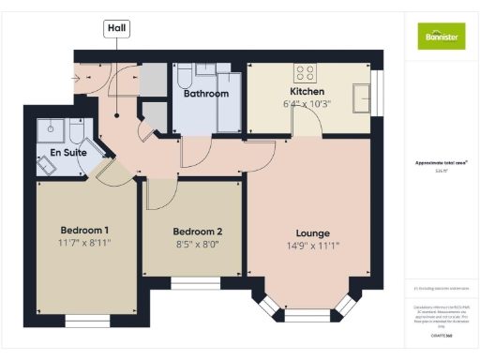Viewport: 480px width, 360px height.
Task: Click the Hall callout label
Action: coord(116,29)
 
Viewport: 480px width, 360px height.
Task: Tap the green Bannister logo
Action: coord(440,35)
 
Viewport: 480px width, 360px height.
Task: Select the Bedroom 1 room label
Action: coord(85,231)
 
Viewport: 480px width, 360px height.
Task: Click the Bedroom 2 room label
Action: coord(197,232)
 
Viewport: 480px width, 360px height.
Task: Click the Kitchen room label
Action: coord(307,92)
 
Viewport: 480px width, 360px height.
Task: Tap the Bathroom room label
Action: coord(206,94)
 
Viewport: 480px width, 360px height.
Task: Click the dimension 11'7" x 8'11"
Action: coord(85,244)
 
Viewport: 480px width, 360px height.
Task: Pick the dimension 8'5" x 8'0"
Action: coord(197,245)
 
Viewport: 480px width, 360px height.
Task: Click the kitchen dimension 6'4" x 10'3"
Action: coord(307,104)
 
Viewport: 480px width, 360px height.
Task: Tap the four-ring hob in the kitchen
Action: coord(306,73)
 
